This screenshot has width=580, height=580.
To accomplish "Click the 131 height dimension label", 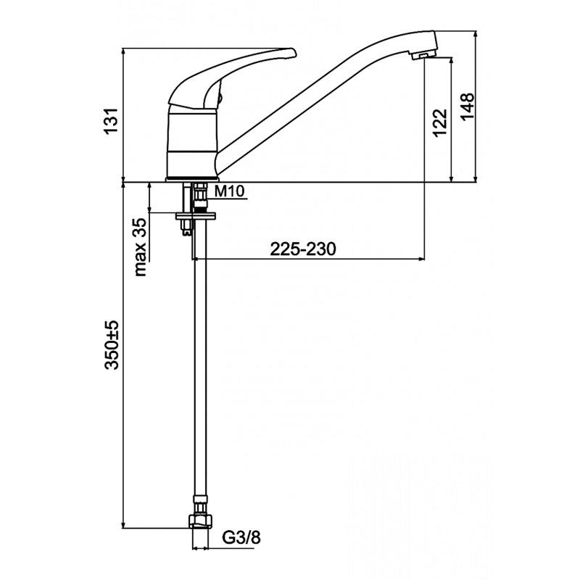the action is [x=112, y=121].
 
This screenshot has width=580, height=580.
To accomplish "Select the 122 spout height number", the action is [x=440, y=123].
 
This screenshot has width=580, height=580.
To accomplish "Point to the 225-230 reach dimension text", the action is [x=303, y=249].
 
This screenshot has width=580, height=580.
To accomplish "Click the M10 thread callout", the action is [x=230, y=191].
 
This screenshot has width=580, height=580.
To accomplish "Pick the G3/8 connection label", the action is [x=241, y=537].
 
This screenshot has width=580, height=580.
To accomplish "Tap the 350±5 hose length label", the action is [x=112, y=345].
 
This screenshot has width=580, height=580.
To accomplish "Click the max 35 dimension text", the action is [x=140, y=246].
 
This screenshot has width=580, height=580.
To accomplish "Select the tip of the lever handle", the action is [x=294, y=52].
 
